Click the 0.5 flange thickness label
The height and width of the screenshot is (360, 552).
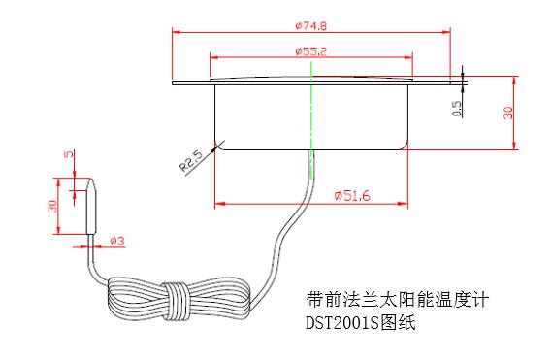pyautogui.click(x=457, y=108)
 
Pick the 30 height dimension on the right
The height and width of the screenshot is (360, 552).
pyautogui.click(x=507, y=112)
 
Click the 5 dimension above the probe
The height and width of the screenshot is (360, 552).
pyautogui.click(x=68, y=157)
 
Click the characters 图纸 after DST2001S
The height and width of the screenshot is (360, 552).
pyautogui.click(x=401, y=324)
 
